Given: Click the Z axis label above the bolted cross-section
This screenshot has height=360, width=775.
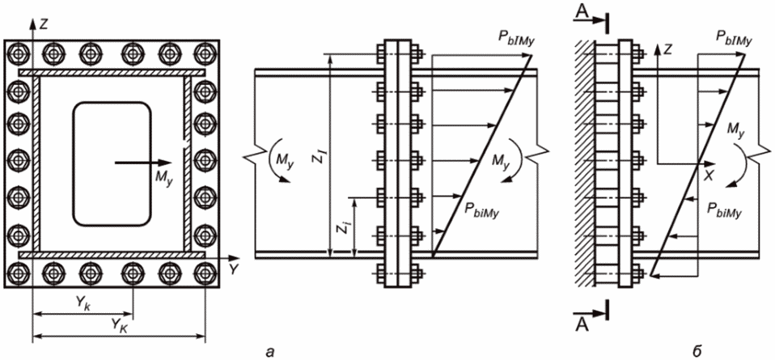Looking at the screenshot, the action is point(44,26).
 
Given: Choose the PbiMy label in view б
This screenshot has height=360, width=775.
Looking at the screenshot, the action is point(726,210).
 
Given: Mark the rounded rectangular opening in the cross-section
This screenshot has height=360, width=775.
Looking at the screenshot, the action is point(112,163).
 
